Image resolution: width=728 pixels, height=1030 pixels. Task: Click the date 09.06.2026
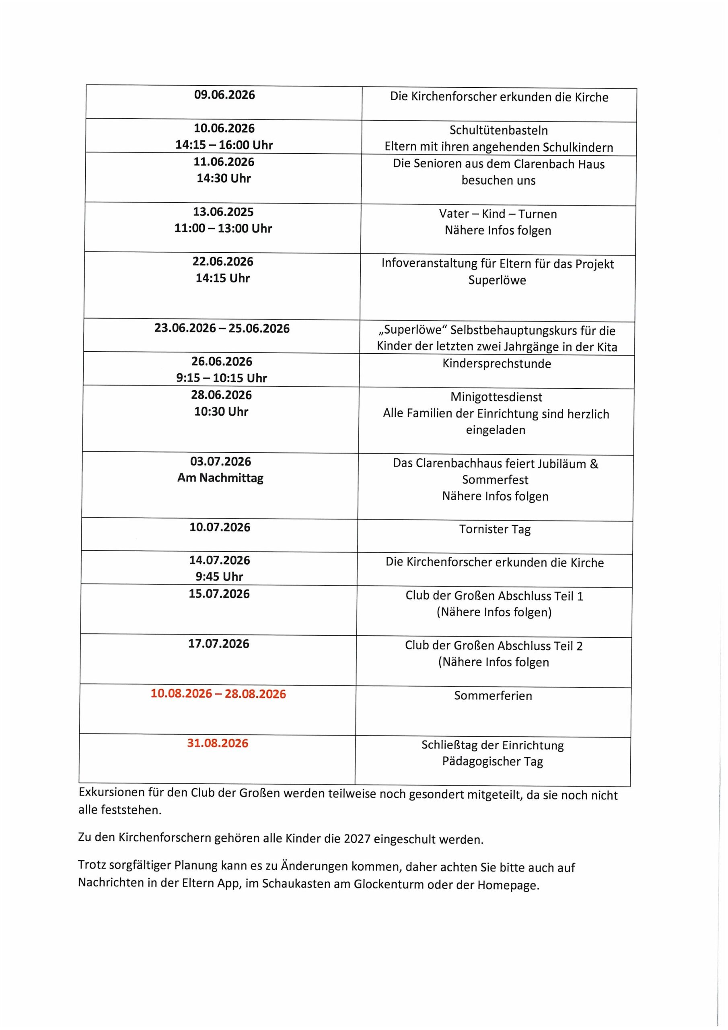coord(224,95)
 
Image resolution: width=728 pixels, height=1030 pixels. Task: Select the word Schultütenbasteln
coord(498,130)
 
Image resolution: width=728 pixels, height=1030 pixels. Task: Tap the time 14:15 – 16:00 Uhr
coord(224,145)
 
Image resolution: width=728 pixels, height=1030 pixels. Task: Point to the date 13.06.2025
coord(223,212)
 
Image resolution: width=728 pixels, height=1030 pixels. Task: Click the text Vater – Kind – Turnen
coord(498,214)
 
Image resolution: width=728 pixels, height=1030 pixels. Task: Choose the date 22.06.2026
coord(223,262)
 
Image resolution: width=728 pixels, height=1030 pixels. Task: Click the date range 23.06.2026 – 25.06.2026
coord(222,328)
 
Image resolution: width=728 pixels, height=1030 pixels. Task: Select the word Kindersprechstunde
coord(497,363)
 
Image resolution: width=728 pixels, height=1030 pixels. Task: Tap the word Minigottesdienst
coord(496,397)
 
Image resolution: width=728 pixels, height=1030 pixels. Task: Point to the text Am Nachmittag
coord(220,478)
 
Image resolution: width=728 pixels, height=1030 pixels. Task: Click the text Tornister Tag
coord(495,529)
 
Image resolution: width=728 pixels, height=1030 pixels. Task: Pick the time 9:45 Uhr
coord(219,577)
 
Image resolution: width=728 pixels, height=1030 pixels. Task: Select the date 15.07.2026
coord(219,594)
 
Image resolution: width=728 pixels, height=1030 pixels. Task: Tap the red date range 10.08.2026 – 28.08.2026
coord(218,694)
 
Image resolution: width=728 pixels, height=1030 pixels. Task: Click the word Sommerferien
coord(493,696)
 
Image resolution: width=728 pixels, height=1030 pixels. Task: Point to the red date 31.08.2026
coord(218,744)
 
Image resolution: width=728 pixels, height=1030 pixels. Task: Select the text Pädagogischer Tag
coord(493,761)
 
